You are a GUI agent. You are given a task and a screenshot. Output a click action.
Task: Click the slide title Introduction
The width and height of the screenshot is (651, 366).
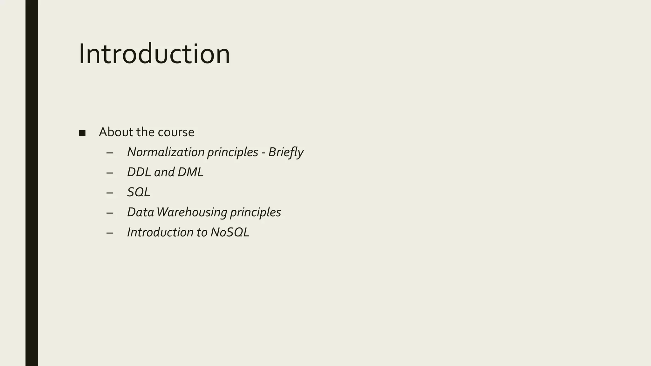[154, 54]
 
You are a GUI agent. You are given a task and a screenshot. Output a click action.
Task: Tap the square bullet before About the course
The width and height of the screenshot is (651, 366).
[82, 133]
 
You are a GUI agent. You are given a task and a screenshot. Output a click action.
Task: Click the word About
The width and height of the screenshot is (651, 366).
[116, 132]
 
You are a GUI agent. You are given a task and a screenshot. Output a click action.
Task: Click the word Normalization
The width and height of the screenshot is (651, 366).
[166, 152]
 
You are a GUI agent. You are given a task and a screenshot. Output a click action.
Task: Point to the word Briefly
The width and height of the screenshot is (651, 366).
[286, 152]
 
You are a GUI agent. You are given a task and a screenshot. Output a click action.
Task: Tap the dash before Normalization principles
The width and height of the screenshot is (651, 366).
[110, 153]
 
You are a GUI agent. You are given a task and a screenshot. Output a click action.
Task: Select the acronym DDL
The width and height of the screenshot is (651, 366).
[139, 172]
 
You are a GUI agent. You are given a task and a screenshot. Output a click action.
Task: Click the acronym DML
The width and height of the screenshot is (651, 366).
[190, 172]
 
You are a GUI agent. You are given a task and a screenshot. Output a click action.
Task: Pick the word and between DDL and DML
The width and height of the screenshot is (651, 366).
[164, 172]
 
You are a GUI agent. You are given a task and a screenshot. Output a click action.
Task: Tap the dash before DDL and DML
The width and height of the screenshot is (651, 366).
[110, 173]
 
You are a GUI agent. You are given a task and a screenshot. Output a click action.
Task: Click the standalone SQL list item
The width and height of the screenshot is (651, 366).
[139, 192]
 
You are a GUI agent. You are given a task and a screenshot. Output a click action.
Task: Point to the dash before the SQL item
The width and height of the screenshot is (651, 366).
[110, 193]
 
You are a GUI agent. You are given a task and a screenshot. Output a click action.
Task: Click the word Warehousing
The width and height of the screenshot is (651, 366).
[192, 212]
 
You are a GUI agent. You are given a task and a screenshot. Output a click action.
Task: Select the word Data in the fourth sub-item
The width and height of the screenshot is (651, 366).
[140, 212]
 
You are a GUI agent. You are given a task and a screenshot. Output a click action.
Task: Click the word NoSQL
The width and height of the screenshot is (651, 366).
[230, 232]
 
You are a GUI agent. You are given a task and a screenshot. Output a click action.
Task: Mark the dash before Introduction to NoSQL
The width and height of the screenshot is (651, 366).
[110, 233]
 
